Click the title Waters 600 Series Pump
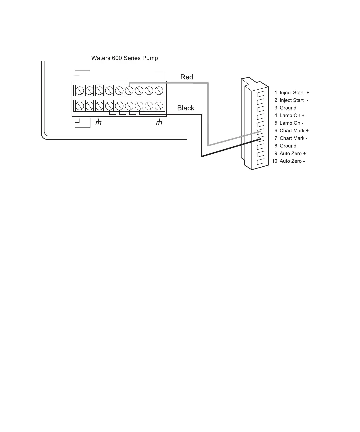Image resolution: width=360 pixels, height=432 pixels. click(124, 58)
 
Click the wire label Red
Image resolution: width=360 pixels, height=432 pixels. click(187, 77)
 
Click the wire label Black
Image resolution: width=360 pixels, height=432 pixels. click(186, 108)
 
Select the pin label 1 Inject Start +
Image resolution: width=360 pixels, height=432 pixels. click(292, 93)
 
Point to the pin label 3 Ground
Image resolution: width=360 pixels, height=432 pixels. click(285, 108)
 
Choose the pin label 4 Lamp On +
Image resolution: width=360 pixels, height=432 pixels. click(289, 116)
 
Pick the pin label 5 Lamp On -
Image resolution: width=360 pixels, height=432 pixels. click(289, 123)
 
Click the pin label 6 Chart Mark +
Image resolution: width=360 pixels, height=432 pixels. click(291, 131)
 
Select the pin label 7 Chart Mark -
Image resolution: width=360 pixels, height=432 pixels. click(291, 138)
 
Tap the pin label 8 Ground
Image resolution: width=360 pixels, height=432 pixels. click(285, 146)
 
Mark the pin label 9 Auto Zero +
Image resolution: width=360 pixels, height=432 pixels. click(290, 154)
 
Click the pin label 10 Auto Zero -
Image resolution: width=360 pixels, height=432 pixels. click(288, 161)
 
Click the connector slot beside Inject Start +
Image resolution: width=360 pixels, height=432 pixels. click(261, 94)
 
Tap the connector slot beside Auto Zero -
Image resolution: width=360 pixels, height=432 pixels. click(261, 162)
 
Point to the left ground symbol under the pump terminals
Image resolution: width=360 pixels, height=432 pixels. click(98, 122)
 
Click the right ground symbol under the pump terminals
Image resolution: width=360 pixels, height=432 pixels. click(159, 122)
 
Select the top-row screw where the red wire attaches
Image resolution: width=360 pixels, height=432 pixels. click(129, 90)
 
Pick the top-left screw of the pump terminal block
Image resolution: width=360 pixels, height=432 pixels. click(79, 90)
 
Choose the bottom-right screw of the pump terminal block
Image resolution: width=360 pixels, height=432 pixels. click(159, 106)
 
